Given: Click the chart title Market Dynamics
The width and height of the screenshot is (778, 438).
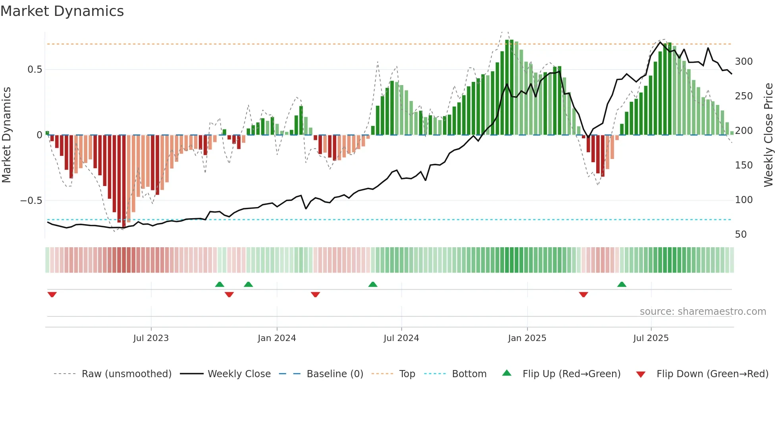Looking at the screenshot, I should click(62, 11).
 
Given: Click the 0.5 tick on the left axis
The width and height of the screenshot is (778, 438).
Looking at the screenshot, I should click(35, 70).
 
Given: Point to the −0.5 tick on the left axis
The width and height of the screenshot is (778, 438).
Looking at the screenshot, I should click(31, 201).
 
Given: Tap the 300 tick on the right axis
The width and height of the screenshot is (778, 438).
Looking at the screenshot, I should click(743, 62).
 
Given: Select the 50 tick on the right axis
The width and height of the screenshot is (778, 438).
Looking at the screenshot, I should click(741, 235).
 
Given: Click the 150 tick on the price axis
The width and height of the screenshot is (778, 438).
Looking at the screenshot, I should click(743, 165).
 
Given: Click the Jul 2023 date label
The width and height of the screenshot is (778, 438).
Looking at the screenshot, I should click(151, 338).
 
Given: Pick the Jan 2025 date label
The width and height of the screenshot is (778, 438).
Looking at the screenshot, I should click(527, 338).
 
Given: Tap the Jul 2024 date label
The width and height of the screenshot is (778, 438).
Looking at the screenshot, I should click(401, 338).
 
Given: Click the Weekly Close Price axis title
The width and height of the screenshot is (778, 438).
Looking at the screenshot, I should click(768, 135).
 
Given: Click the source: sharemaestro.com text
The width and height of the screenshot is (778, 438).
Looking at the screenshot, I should click(703, 312).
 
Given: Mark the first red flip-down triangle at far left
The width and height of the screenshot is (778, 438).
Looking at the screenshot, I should click(52, 295).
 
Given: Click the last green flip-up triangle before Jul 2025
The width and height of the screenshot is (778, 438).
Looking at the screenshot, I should click(622, 284).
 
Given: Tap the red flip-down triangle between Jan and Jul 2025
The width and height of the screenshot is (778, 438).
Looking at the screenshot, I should click(583, 295).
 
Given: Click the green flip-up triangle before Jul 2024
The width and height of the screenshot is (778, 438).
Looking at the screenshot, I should click(372, 284).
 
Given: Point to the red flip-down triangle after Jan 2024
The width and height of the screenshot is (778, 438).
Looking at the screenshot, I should click(315, 295).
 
